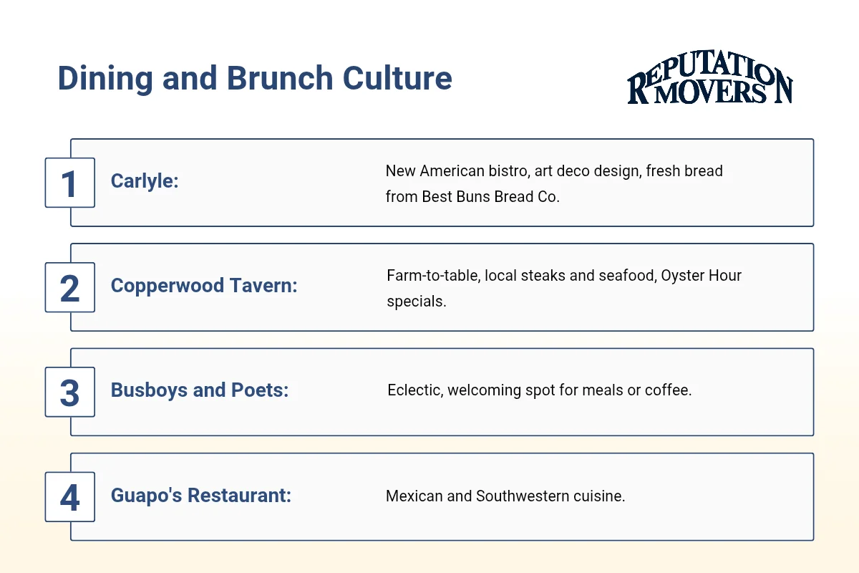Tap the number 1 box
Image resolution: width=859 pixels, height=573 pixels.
pyautogui.click(x=69, y=183)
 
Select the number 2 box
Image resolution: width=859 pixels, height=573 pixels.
pyautogui.click(x=69, y=287)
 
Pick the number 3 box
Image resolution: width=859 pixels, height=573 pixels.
pyautogui.click(x=69, y=392)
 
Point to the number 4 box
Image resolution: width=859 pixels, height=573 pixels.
pyautogui.click(x=69, y=496)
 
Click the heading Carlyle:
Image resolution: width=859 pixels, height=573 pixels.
pyautogui.click(x=145, y=181)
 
